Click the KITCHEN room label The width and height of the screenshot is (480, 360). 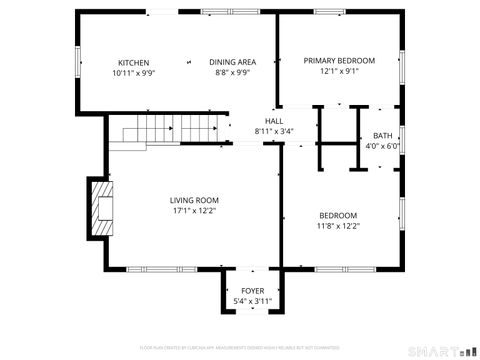134,61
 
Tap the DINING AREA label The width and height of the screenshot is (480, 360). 229,61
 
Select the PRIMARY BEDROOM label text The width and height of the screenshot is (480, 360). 339,60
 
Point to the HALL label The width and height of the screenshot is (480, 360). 273,120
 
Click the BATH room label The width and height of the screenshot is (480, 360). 383,136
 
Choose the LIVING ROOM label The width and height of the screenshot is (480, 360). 194,200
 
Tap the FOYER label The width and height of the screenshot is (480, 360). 253,291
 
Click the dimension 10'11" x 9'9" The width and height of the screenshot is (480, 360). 134,73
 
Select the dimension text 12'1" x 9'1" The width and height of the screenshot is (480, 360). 339,72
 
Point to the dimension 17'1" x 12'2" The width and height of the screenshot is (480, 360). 194,211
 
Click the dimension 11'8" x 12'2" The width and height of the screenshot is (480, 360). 338,226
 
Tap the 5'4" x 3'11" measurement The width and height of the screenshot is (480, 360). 253,302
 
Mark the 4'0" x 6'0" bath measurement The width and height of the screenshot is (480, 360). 383,147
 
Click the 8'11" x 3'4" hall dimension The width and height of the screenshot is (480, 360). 273,131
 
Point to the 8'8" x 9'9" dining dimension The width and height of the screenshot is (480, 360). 229,73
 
